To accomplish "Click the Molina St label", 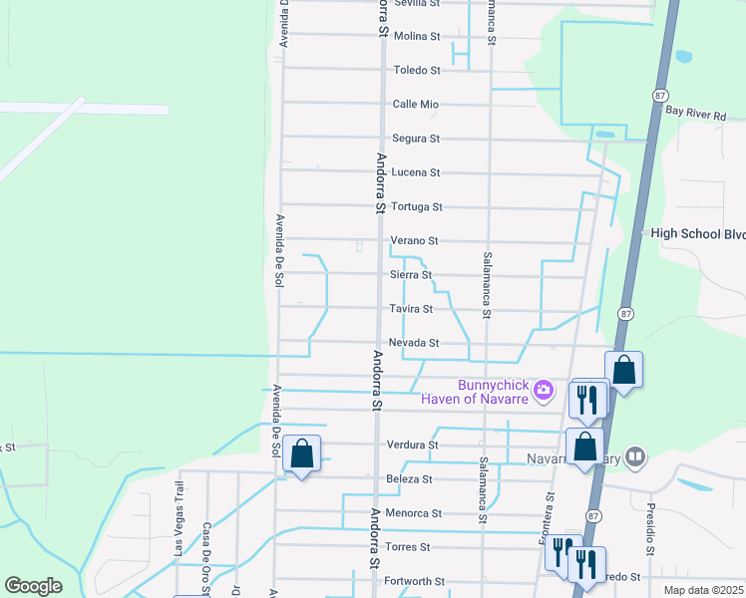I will (417, 36).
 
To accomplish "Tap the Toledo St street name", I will (417, 70).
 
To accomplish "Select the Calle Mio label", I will (416, 104).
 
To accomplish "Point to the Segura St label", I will (416, 139).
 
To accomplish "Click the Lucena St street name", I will (416, 172).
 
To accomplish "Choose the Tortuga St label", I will (416, 206).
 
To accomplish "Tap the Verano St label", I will (415, 240).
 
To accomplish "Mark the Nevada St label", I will (414, 343).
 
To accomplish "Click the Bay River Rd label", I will (696, 115).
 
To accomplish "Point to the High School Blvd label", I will (698, 234).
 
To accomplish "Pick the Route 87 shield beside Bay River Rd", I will (660, 94).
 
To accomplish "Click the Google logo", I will (33, 586).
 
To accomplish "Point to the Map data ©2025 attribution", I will (703, 590).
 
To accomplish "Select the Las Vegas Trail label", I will (180, 518).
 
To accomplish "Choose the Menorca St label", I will (414, 513).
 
